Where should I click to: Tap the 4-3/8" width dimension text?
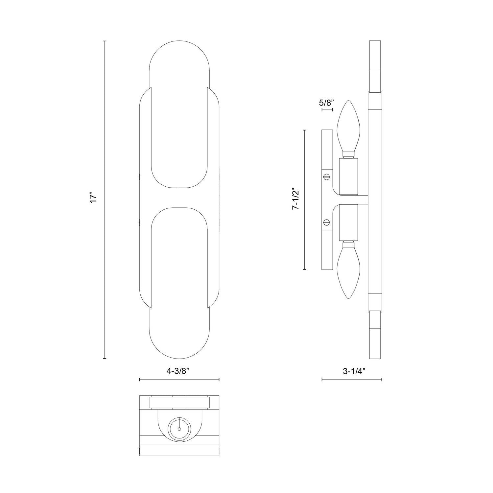179,371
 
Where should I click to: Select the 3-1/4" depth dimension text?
354,371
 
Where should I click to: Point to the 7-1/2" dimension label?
296,200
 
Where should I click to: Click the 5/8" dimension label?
326,102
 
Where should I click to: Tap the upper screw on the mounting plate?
326,177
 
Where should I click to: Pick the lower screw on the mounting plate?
326,223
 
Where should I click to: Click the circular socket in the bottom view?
179,429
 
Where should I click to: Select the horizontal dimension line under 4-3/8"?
179,380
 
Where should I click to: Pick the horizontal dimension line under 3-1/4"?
352,380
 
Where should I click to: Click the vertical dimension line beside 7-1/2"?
305,200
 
